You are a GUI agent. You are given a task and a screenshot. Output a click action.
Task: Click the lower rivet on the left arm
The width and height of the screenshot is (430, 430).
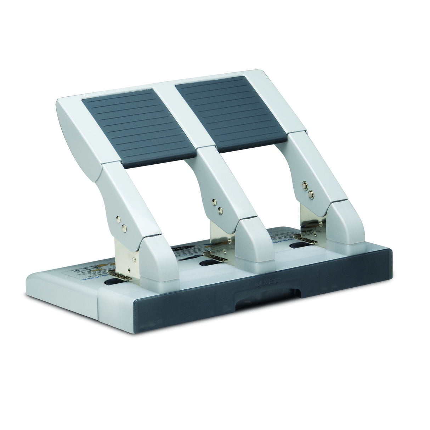[124, 228]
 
